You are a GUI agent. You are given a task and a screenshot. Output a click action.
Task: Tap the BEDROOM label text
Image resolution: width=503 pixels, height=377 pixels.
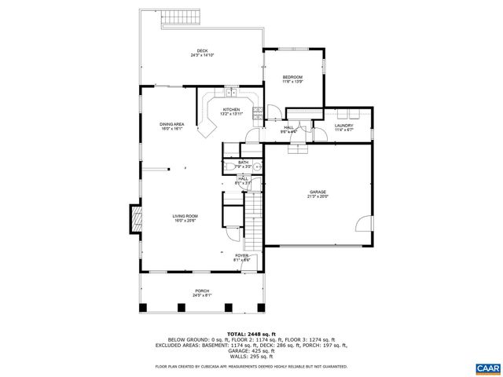(x=292, y=76)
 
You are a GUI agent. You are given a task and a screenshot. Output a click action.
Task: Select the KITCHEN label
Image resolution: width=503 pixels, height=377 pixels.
(x=231, y=109)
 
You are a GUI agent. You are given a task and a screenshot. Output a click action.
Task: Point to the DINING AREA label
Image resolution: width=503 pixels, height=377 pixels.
(x=172, y=124)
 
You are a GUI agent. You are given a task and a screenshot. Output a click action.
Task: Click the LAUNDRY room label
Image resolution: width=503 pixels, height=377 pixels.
(x=343, y=125)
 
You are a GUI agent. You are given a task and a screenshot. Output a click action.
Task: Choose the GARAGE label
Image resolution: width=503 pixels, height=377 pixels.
(x=318, y=192)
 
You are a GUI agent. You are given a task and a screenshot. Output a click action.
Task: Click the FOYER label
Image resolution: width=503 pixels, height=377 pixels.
(x=241, y=255)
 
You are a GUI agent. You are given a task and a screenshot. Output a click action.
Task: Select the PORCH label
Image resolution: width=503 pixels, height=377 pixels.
(x=203, y=291)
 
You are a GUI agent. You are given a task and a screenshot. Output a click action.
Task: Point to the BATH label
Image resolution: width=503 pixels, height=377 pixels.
(x=243, y=162)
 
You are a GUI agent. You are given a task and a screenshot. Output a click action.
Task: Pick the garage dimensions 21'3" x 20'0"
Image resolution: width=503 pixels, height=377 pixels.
(x=318, y=197)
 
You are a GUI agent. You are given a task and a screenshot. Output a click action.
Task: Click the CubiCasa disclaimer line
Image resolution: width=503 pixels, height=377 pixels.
(x=251, y=366)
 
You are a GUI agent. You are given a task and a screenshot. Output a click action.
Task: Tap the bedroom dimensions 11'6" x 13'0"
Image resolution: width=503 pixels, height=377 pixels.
(x=292, y=81)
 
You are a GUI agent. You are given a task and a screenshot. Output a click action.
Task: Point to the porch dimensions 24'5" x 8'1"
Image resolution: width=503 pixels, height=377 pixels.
(x=203, y=296)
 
